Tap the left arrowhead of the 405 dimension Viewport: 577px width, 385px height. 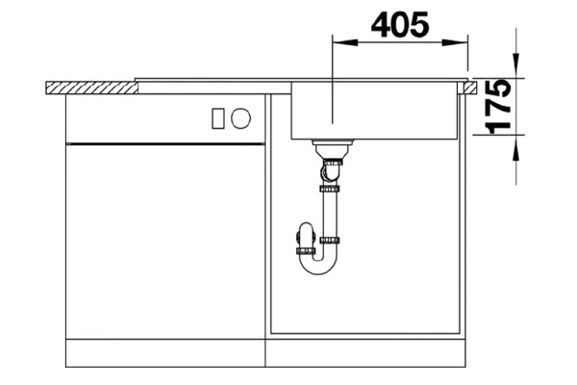tap(339, 42)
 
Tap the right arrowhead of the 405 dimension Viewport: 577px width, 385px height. tap(463, 42)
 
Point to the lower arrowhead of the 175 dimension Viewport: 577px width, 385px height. tap(516, 141)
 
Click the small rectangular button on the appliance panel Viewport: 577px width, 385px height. tap(218, 118)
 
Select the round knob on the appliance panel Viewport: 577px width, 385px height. tap(241, 118)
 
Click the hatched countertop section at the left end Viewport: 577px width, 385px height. tap(91, 87)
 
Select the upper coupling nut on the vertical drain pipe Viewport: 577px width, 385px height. tap(329, 191)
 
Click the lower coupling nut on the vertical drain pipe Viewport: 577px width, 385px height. tap(329, 239)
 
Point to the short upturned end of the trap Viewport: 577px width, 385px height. tap(305, 236)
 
